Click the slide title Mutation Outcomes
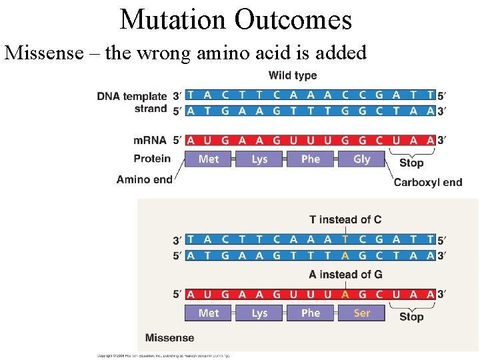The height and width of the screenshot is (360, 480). pyautogui.click(x=236, y=19)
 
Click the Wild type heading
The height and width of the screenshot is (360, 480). pyautogui.click(x=293, y=76)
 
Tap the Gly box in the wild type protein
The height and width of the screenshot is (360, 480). pyautogui.click(x=362, y=159)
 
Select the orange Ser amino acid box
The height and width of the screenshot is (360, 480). pyautogui.click(x=362, y=313)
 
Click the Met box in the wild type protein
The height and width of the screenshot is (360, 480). pyautogui.click(x=209, y=159)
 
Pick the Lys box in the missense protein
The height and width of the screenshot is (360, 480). pyautogui.click(x=260, y=313)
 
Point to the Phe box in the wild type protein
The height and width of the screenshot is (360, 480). pyautogui.click(x=311, y=159)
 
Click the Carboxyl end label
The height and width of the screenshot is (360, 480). pyautogui.click(x=427, y=182)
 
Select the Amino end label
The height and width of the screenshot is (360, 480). pyautogui.click(x=144, y=179)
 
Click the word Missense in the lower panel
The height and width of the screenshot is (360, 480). pyautogui.click(x=170, y=338)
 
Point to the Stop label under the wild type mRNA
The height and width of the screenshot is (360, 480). pyautogui.click(x=411, y=163)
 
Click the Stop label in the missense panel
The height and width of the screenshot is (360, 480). pyautogui.click(x=411, y=317)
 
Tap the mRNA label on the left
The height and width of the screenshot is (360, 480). pyautogui.click(x=150, y=141)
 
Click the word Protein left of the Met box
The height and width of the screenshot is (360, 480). pyautogui.click(x=152, y=159)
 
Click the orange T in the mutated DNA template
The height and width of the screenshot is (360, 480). pyautogui.click(x=345, y=239)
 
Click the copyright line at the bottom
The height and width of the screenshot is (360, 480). pyautogui.click(x=163, y=356)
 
